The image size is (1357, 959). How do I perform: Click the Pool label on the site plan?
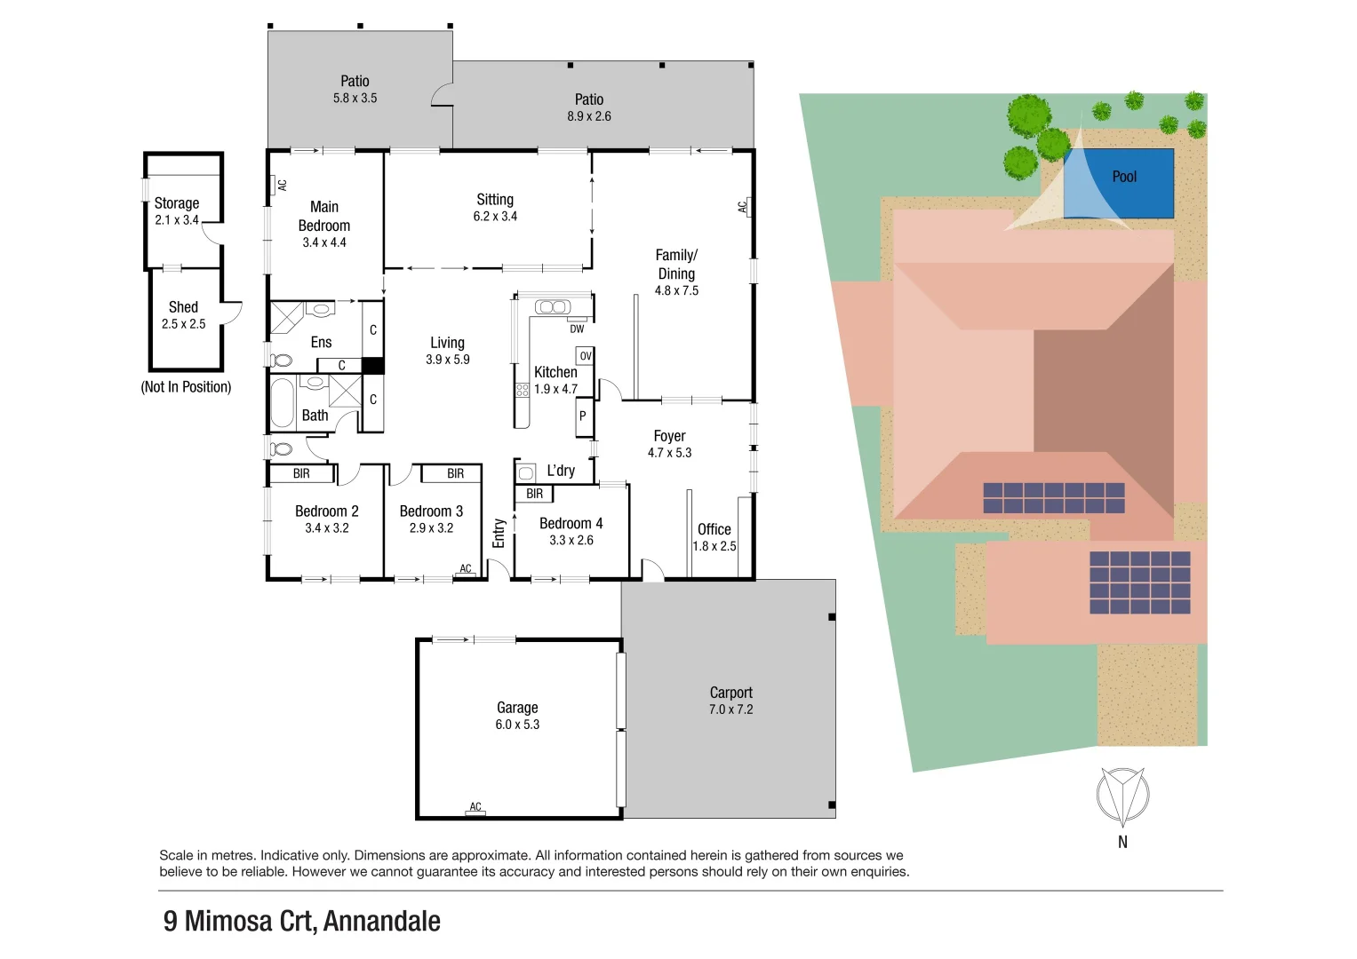(x=1124, y=177)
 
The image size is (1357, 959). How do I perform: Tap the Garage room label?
(x=517, y=708)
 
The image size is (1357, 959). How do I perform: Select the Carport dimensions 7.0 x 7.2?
(x=730, y=709)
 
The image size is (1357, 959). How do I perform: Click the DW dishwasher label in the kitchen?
(x=577, y=329)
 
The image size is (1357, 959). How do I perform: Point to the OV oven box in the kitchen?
(x=585, y=356)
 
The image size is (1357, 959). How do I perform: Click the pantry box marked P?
(x=583, y=416)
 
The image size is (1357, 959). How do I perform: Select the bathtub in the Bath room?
(x=283, y=403)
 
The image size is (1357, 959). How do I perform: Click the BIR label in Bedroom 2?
(x=301, y=474)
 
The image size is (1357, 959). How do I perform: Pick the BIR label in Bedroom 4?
(x=534, y=494)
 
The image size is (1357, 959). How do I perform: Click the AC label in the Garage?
(x=475, y=807)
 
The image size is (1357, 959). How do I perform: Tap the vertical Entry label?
(x=499, y=533)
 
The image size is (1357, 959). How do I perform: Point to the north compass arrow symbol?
(x=1122, y=796)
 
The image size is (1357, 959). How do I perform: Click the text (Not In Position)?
(x=186, y=387)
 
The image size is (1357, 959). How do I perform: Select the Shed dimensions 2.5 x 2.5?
(x=183, y=324)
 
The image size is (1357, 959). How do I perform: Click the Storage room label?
(x=176, y=203)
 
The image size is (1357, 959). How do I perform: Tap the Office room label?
(x=714, y=529)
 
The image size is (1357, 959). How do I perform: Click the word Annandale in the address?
(x=382, y=921)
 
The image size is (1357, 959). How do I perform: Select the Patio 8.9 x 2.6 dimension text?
(x=589, y=116)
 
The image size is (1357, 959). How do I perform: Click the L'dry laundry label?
(x=560, y=471)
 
